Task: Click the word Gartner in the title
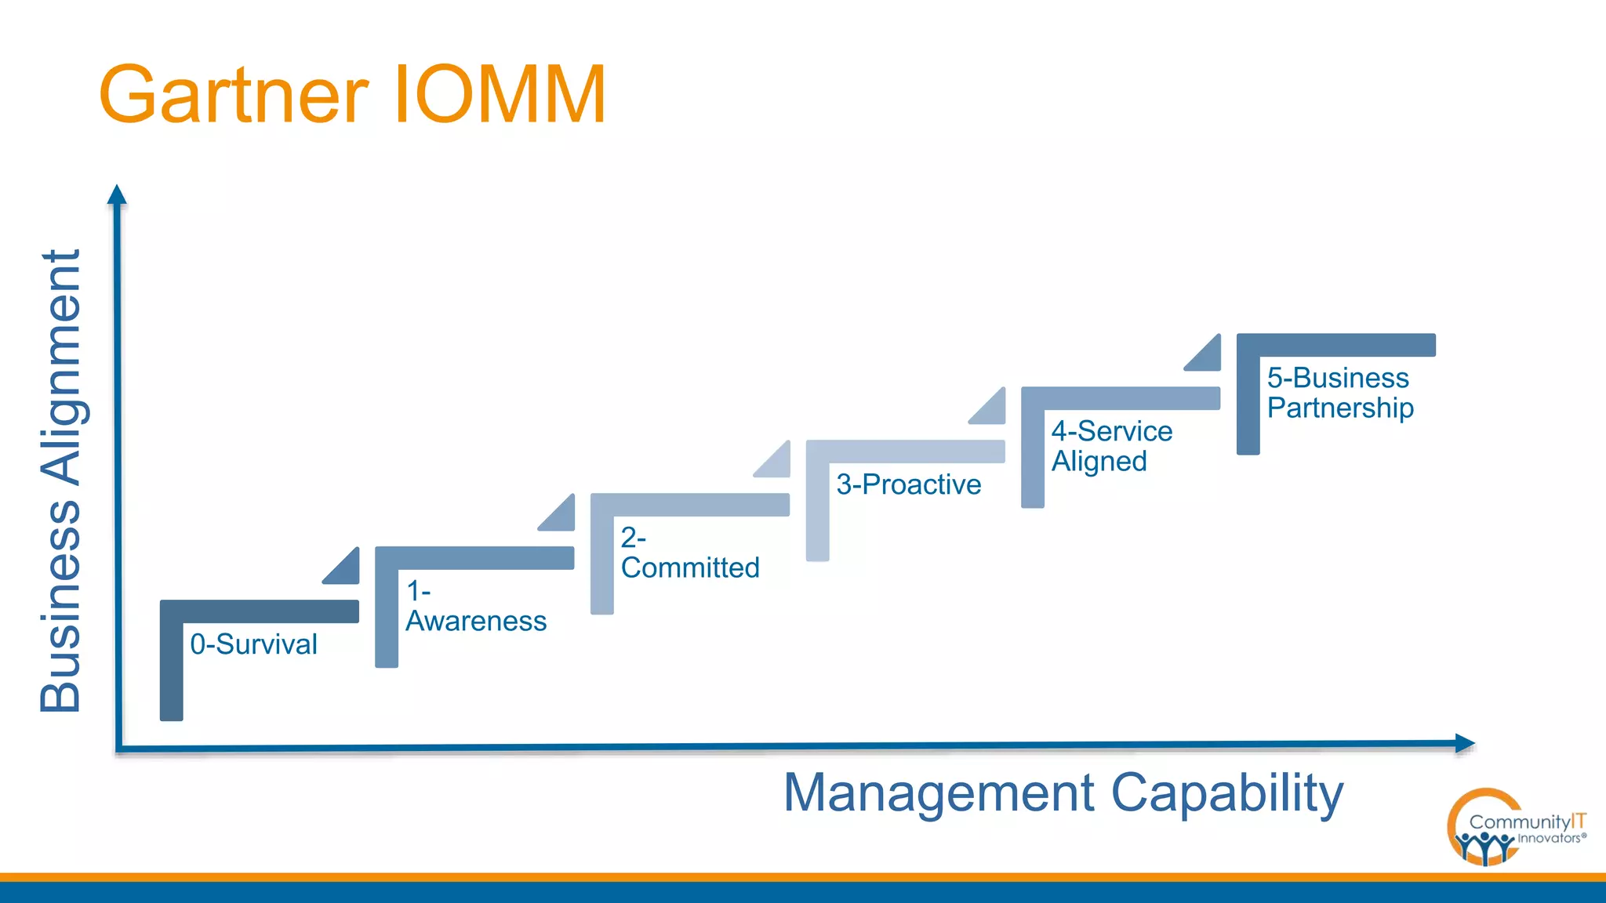point(234,96)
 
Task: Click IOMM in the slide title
point(500,96)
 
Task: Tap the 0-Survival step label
point(253,644)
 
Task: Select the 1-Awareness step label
point(475,606)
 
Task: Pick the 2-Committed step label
point(689,553)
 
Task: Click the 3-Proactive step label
point(908,484)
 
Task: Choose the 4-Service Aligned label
point(1111,446)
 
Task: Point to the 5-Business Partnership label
point(1339,393)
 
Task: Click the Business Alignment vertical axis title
point(61,481)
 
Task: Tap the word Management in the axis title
point(938,792)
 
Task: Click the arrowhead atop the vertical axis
point(117,195)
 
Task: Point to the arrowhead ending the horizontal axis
point(1464,743)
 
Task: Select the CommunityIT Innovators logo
point(1513,828)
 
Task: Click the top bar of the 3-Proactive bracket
point(906,451)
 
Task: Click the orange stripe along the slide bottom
point(803,877)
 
